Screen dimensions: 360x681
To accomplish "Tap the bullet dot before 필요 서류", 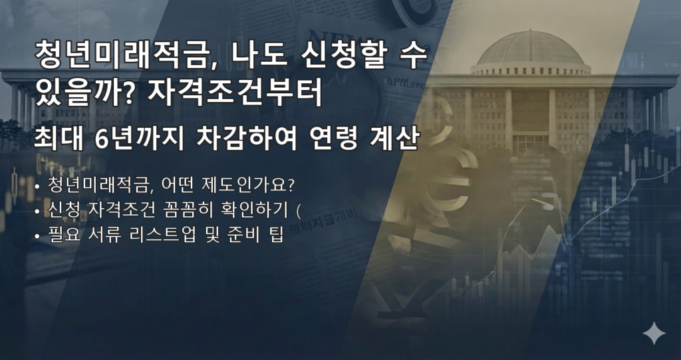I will click(37, 238).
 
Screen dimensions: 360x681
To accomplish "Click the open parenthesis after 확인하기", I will click(299, 212).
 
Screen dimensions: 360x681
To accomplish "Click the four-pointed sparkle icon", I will click(654, 333).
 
